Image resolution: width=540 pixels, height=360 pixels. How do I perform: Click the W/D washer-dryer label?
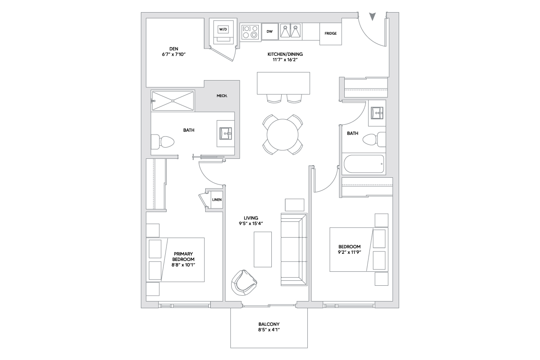tap(223, 29)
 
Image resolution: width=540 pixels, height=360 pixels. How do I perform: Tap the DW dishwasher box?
tap(270, 31)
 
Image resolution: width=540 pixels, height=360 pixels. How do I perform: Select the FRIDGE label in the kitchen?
tap(330, 33)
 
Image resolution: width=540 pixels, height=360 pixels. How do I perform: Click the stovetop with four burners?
tap(250, 32)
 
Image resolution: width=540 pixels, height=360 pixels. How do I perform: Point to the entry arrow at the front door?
tap(373, 16)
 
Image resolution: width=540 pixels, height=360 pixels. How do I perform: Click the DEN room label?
tap(174, 49)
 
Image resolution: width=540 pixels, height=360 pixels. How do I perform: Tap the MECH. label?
tap(222, 96)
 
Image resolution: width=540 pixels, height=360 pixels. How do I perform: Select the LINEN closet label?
tap(217, 200)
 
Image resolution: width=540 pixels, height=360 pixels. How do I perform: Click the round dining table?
tap(283, 135)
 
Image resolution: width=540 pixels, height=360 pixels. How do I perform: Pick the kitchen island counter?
tap(283, 83)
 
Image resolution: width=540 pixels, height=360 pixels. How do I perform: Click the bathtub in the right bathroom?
tap(364, 164)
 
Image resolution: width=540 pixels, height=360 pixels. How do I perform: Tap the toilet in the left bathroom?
tap(162, 142)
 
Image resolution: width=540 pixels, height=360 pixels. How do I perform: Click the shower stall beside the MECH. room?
tap(173, 101)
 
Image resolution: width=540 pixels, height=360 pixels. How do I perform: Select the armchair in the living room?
tap(244, 283)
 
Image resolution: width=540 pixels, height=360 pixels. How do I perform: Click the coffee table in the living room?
tap(263, 249)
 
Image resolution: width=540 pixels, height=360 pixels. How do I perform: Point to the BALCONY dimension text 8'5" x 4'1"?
tap(269, 330)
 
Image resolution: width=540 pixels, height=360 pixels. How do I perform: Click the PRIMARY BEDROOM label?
tap(183, 256)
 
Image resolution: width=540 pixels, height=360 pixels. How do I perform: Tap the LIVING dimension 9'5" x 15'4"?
tap(251, 224)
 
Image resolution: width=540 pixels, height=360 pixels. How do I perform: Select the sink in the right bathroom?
tap(377, 113)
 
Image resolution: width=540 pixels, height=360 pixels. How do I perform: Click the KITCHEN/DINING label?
tap(285, 54)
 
